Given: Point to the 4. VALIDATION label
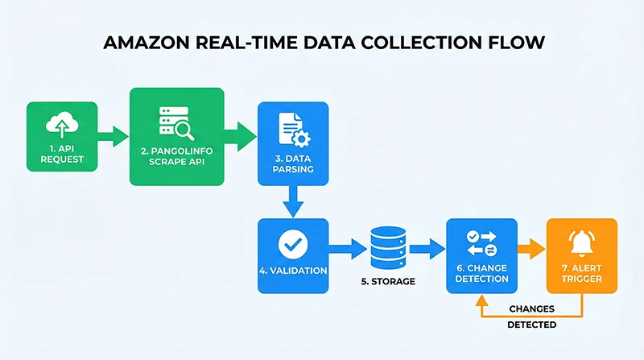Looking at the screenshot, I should [x=292, y=271].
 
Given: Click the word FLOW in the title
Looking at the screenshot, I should [x=513, y=43].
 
